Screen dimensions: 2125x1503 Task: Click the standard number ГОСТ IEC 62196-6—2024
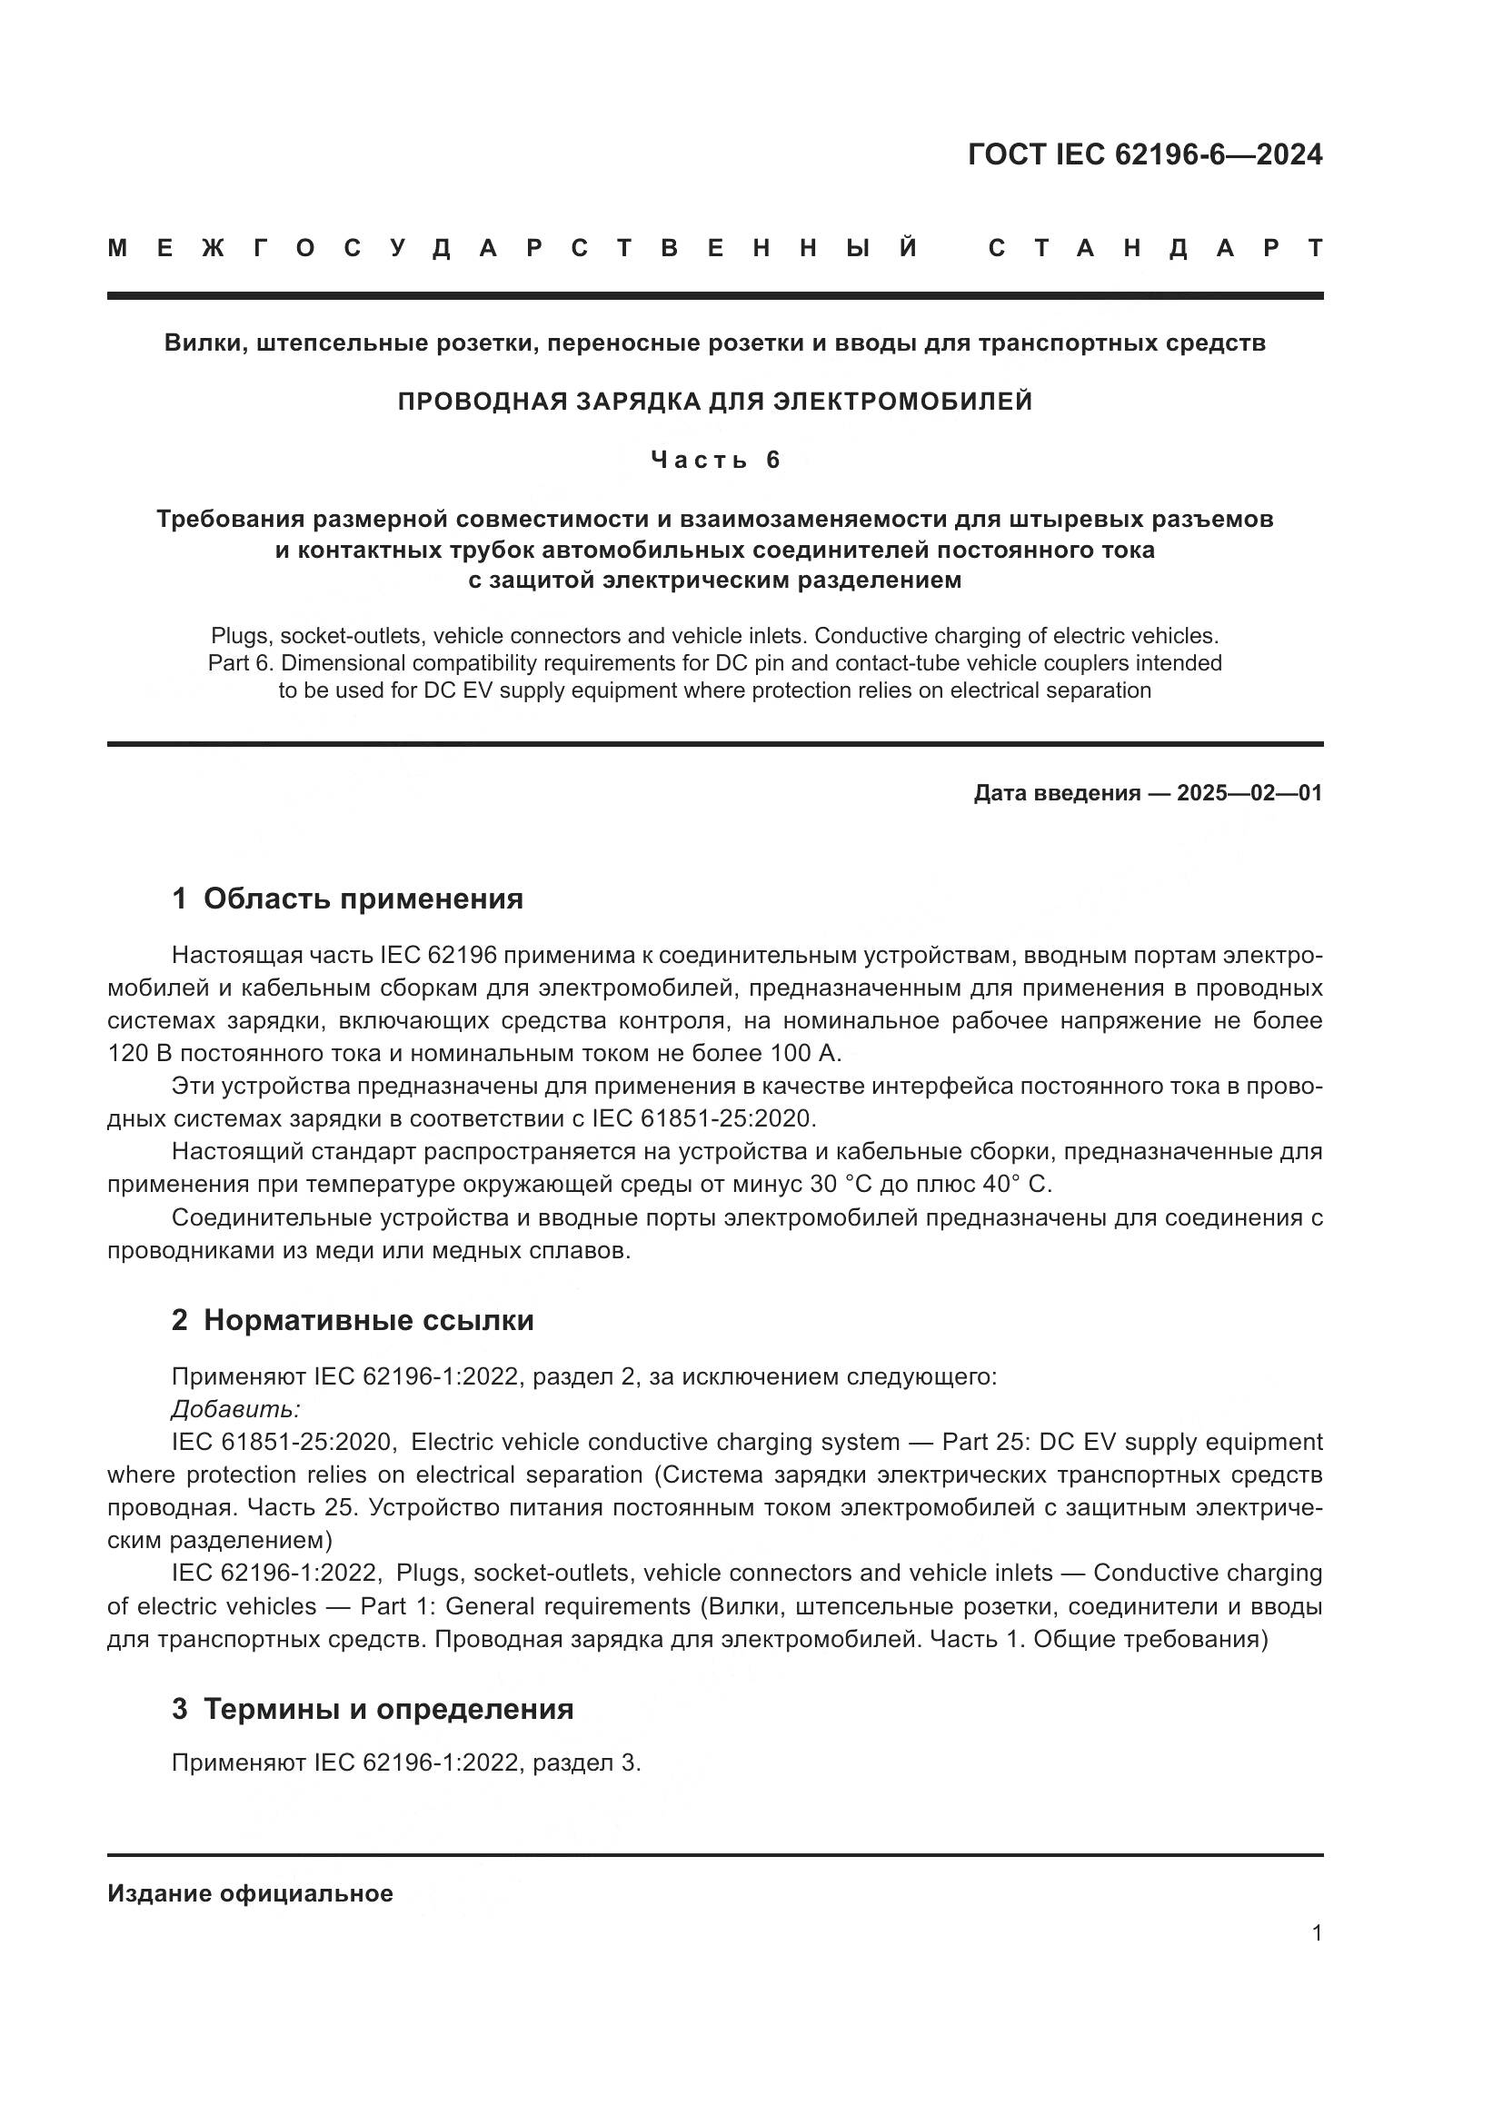pyautogui.click(x=1145, y=154)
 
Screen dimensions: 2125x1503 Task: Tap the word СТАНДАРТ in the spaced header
pyautogui.click(x=1155, y=248)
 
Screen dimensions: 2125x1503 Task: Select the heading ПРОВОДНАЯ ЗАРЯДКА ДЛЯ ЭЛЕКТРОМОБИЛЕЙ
pyautogui.click(x=714, y=402)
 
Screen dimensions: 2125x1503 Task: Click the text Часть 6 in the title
pyautogui.click(x=715, y=460)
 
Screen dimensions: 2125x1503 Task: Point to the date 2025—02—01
pyautogui.click(x=1249, y=793)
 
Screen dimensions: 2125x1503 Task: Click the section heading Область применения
pyautogui.click(x=363, y=898)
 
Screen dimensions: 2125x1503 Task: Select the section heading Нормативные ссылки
pyautogui.click(x=368, y=1320)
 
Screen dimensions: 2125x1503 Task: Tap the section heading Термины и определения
pyautogui.click(x=388, y=1709)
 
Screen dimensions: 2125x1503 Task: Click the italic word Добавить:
pyautogui.click(x=236, y=1409)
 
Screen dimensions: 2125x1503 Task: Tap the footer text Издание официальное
pyautogui.click(x=250, y=1893)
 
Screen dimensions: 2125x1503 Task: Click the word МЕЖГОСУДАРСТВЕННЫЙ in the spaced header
pyautogui.click(x=513, y=248)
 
